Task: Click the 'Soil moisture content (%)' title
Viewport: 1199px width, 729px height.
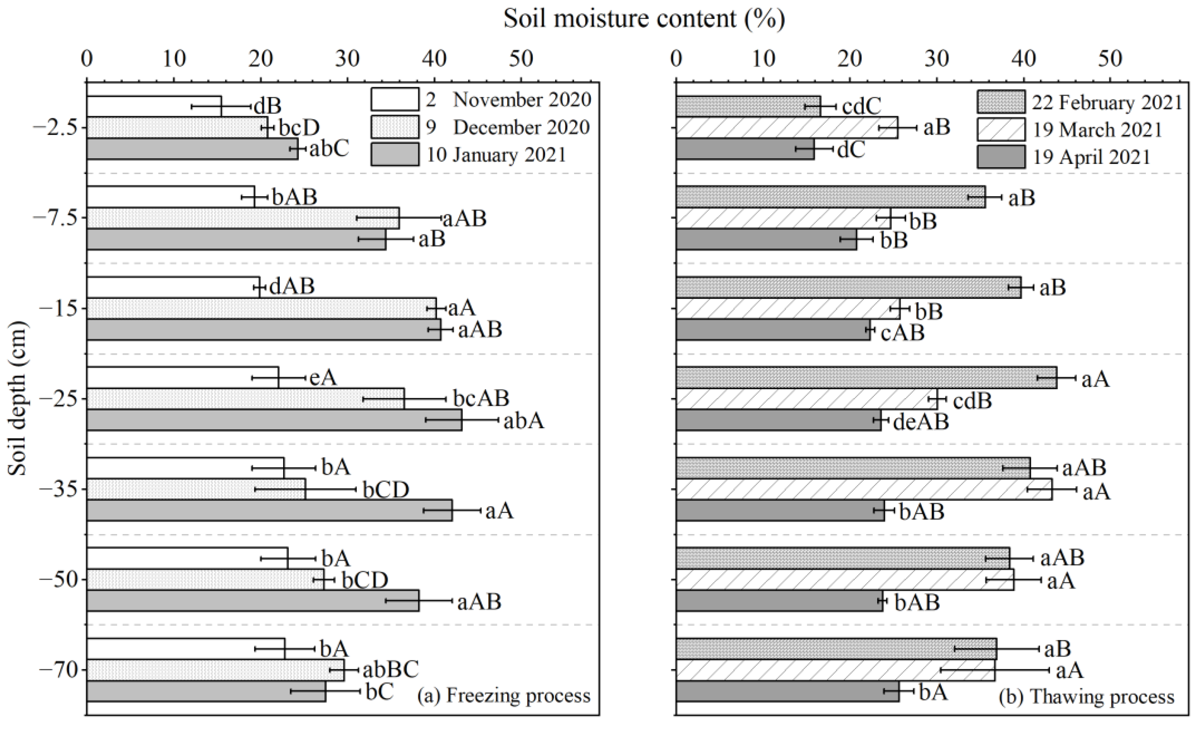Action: pyautogui.click(x=644, y=19)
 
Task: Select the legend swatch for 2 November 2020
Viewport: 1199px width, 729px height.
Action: pyautogui.click(x=394, y=100)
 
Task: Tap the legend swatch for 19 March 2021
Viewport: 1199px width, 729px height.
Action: pyautogui.click(x=1001, y=130)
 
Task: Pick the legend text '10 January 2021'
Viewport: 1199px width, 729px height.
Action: pyautogui.click(x=497, y=155)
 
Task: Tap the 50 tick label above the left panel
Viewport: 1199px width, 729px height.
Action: pyautogui.click(x=521, y=59)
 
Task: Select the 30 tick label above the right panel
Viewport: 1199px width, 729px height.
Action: pyautogui.click(x=937, y=59)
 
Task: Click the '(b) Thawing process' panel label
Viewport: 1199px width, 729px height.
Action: pyautogui.click(x=1086, y=697)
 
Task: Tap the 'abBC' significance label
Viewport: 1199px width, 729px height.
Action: pyautogui.click(x=391, y=670)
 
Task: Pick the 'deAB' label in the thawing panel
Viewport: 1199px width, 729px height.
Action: pyautogui.click(x=921, y=422)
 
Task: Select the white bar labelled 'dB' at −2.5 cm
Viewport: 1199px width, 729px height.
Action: pyautogui.click(x=153, y=106)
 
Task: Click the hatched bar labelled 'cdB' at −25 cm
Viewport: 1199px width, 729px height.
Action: pyautogui.click(x=805, y=399)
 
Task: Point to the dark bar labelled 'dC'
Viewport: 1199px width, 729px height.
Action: pyautogui.click(x=744, y=149)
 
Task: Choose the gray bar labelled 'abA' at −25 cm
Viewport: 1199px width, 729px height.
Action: pyautogui.click(x=273, y=420)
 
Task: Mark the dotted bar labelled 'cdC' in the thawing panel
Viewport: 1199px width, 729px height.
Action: pyautogui.click(x=747, y=106)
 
